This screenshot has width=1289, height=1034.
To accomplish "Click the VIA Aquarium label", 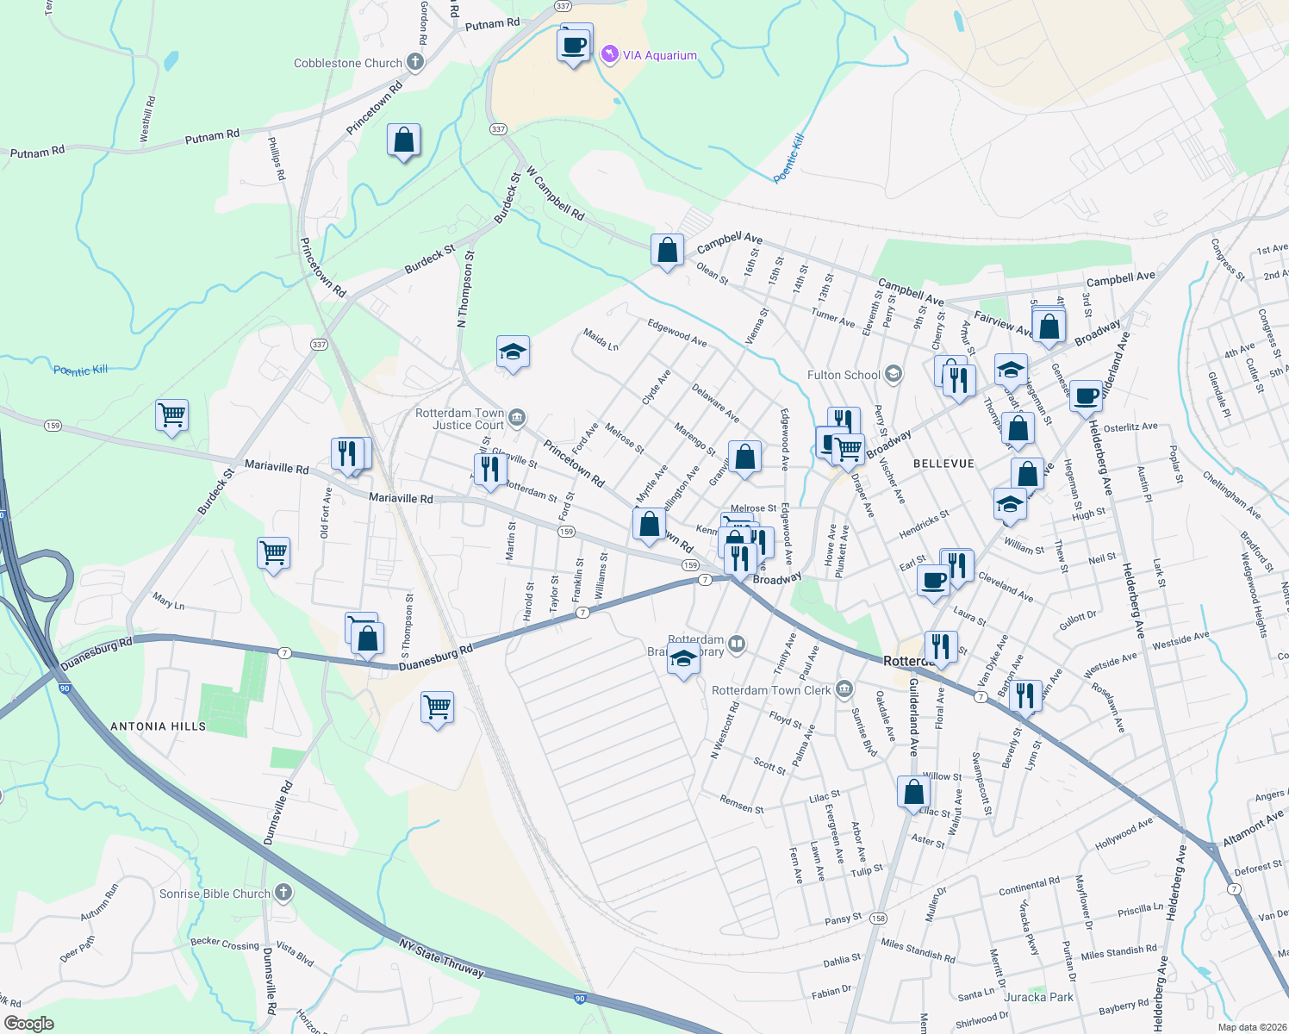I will pyautogui.click(x=659, y=55).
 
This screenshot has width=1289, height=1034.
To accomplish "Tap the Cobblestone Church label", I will pyautogui.click(x=348, y=63).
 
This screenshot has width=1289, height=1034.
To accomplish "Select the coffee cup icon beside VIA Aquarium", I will pyautogui.click(x=575, y=44).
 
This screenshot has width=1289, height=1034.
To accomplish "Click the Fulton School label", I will pyautogui.click(x=844, y=375).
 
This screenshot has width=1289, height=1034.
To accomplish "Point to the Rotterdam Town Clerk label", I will pyautogui.click(x=771, y=690).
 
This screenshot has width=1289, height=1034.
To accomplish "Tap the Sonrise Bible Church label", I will pyautogui.click(x=215, y=894).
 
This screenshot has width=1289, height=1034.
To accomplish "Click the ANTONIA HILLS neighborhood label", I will pyautogui.click(x=159, y=726).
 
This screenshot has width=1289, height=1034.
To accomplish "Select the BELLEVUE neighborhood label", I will pyautogui.click(x=943, y=464).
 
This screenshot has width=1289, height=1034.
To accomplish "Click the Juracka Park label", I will pyautogui.click(x=1039, y=997).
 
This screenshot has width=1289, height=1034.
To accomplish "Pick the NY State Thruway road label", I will pyautogui.click(x=442, y=957).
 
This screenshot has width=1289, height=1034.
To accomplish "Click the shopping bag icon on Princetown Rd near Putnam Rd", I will pyautogui.click(x=403, y=140).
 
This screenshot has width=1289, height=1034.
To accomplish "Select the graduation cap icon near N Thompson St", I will pyautogui.click(x=513, y=352).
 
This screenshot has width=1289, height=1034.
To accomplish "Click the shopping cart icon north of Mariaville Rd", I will pyautogui.click(x=172, y=415).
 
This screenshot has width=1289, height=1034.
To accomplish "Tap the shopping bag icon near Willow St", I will pyautogui.click(x=913, y=792).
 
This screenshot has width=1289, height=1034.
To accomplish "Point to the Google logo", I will pyautogui.click(x=28, y=1024).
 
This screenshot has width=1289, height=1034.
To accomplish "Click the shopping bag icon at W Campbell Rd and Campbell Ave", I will pyautogui.click(x=667, y=251).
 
